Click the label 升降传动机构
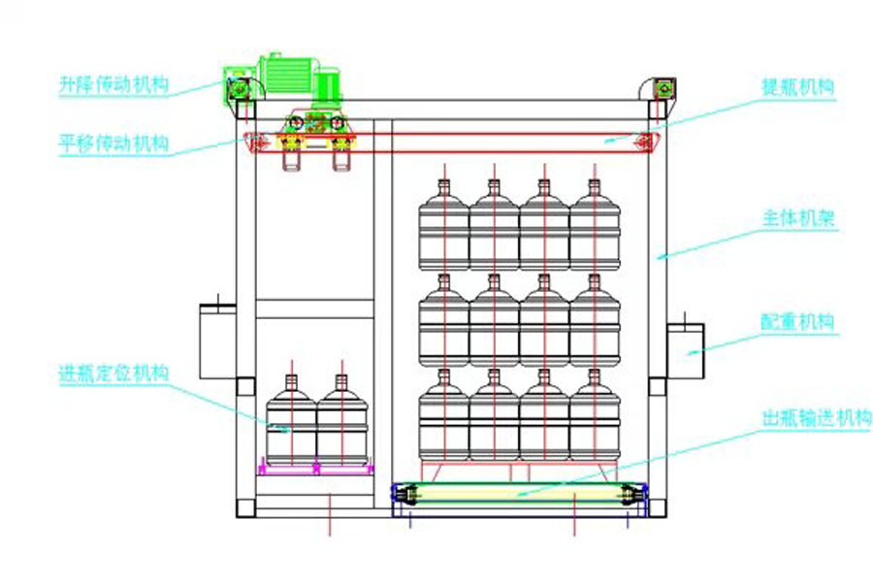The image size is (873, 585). tap(113, 85)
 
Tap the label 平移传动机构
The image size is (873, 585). tap(113, 146)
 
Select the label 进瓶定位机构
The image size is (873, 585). tap(113, 373)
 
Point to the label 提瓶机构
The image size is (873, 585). tap(798, 86)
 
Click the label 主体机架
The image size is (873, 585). tap(798, 220)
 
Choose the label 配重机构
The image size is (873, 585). tap(798, 322)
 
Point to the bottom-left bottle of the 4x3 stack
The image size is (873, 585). tap(443, 419)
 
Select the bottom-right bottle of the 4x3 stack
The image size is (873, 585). tap(595, 419)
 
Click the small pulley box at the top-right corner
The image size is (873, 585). tap(664, 88)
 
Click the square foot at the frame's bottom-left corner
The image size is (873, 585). tap(246, 505)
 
